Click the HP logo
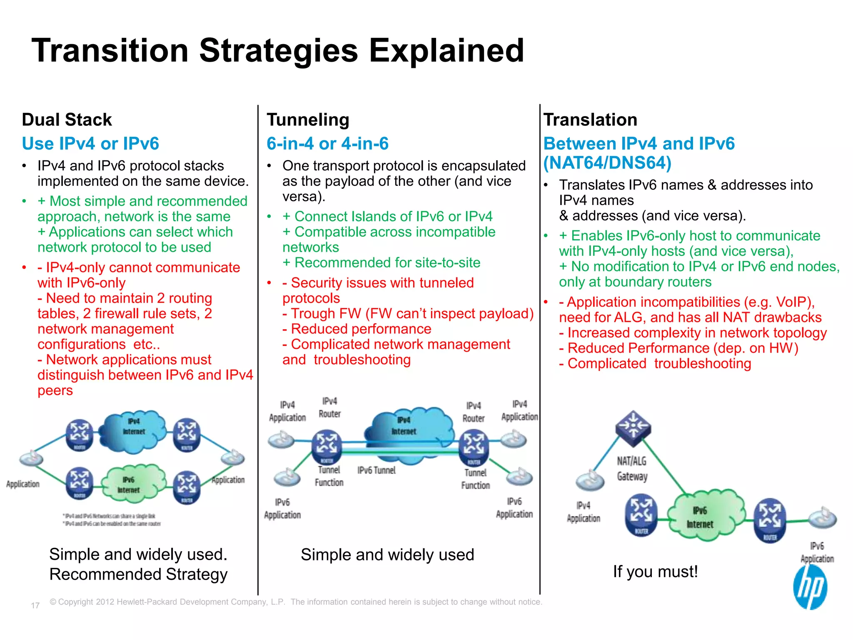tap(810, 587)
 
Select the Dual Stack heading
tap(67, 120)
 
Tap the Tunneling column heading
tap(308, 120)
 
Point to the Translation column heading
tap(590, 120)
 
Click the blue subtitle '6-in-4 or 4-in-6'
tap(327, 143)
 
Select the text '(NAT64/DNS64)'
tap(607, 163)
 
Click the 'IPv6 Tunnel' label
tap(376, 470)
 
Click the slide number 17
tap(35, 605)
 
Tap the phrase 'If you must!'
tap(655, 571)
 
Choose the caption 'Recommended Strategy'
tap(138, 574)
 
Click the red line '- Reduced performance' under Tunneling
tap(357, 329)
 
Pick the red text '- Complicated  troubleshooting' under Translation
tap(655, 363)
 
